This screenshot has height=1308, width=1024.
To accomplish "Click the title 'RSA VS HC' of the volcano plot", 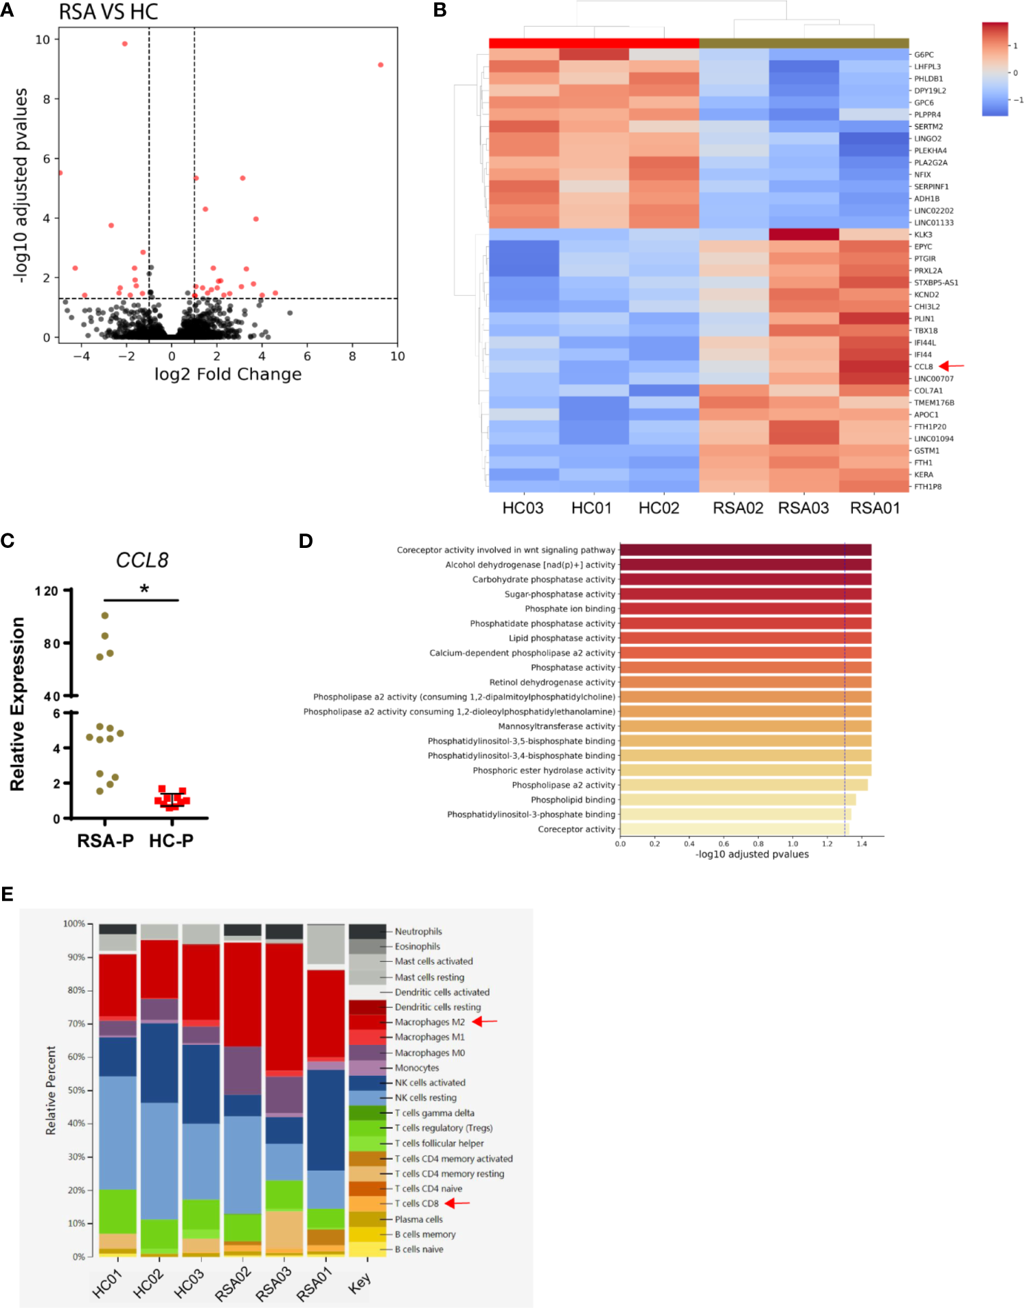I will (108, 12).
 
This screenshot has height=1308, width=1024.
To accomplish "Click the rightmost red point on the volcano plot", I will (380, 65).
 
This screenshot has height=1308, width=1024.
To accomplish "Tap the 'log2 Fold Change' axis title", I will (227, 374).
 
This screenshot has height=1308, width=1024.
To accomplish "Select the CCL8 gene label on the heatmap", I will (923, 367).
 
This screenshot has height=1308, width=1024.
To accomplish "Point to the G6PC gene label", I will (923, 55).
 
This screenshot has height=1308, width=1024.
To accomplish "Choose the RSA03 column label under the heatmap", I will (803, 508).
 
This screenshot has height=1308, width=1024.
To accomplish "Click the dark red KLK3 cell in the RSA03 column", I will (804, 235).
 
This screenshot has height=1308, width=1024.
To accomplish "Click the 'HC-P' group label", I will (171, 840).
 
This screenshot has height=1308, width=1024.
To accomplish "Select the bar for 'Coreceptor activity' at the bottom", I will (733, 829).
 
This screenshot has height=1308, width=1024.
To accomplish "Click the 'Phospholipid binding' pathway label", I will (573, 800).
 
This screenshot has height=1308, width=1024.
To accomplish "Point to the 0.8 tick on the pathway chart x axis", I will (758, 844).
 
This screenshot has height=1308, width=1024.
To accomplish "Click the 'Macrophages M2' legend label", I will (429, 1022).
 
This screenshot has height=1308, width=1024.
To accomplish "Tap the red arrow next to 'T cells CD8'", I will (457, 1203).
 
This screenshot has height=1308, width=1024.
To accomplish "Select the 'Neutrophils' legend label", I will (418, 932).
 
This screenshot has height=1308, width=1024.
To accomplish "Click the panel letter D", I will (306, 541).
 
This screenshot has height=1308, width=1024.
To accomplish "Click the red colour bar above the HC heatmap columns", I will (593, 43).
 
